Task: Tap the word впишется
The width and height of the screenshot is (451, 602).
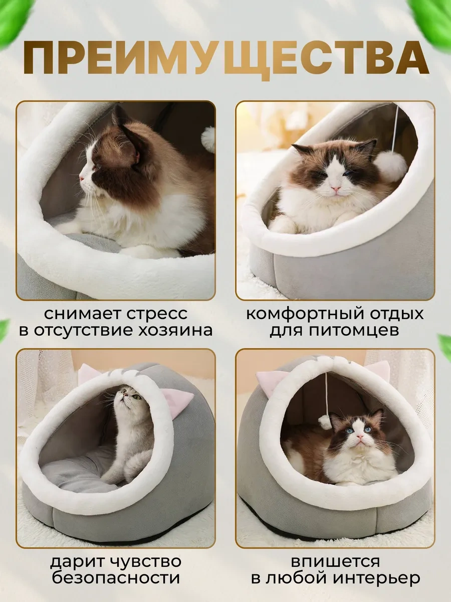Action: click(336, 561)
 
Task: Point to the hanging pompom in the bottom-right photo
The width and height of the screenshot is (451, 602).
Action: click(325, 422)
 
